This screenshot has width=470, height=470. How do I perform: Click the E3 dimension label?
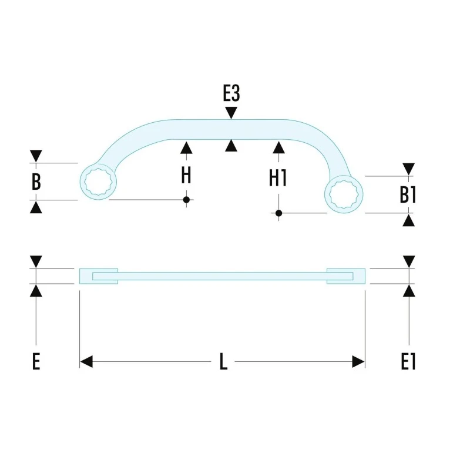[231, 93]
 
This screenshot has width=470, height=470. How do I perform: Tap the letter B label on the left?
[36, 182]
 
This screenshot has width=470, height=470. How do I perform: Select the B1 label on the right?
[408, 195]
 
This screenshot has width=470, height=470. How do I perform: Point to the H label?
[186, 175]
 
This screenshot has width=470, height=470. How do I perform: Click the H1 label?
[278, 178]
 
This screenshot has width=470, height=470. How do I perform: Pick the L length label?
[223, 361]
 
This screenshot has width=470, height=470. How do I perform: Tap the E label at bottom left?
[36, 361]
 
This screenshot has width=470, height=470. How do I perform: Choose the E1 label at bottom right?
[408, 361]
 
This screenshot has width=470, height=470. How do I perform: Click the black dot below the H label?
[186, 200]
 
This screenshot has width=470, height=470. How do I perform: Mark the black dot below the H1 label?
[278, 213]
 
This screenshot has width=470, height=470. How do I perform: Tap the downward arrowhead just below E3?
[231, 113]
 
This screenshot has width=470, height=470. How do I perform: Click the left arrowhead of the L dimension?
[86, 361]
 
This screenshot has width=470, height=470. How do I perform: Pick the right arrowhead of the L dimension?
[358, 361]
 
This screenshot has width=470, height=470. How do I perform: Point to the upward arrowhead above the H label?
[186, 148]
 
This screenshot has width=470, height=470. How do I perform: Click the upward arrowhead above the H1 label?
[278, 148]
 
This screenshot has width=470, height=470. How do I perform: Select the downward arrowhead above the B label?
[36, 156]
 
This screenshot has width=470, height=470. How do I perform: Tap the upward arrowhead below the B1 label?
[408, 220]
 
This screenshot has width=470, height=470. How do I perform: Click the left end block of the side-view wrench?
[99, 276]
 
